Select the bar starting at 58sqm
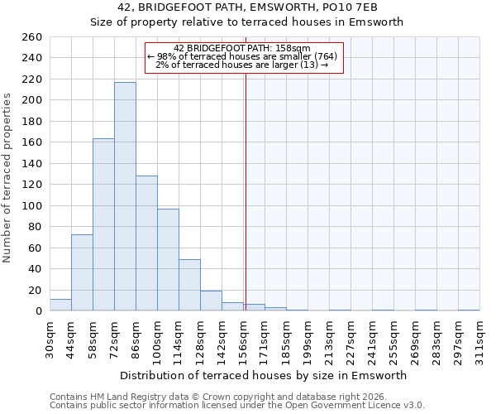[103, 224]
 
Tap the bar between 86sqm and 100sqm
[146, 243]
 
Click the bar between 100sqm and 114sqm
[168, 260]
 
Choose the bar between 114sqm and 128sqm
[189, 285]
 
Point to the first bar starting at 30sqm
[60, 305]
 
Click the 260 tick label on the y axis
[31, 37]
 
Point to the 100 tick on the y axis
[31, 205]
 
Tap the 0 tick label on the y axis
[38, 311]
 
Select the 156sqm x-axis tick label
[243, 339]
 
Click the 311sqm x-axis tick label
[480, 339]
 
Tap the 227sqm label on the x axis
[351, 339]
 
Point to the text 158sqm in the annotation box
[293, 48]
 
